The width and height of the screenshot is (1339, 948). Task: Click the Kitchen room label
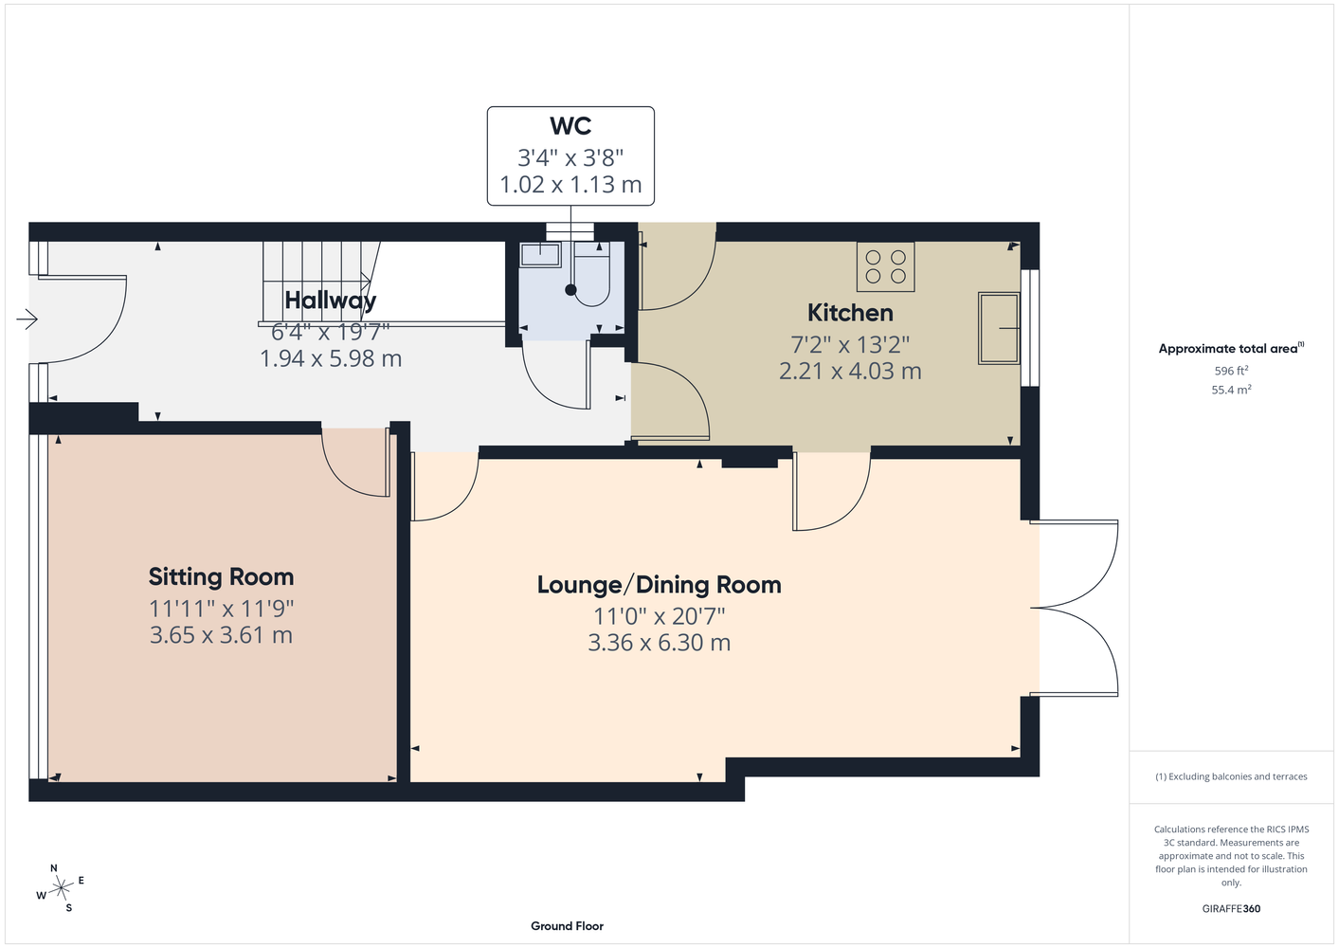point(850,313)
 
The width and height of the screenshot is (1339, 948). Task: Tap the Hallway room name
point(331,301)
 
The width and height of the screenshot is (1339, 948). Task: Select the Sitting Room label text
point(221,577)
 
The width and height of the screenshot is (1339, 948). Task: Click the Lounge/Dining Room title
point(659,585)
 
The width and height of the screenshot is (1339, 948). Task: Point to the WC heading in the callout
point(570,125)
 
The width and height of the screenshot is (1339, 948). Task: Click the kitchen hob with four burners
point(885,266)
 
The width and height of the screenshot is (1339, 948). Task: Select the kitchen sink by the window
point(999,328)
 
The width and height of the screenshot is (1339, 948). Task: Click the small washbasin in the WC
point(540,254)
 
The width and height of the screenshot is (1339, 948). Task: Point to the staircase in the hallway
point(321,283)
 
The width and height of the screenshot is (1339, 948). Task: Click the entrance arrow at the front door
point(27,319)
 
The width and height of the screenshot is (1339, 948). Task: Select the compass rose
point(61,888)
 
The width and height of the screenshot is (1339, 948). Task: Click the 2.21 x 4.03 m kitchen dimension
point(850,372)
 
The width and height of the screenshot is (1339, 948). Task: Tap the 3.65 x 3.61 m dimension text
point(221,635)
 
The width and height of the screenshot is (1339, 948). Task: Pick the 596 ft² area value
point(1231,371)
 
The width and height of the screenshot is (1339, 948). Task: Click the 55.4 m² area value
point(1231,390)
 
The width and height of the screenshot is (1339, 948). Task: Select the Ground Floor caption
point(568,926)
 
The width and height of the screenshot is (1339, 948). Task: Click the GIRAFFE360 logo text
point(1231,908)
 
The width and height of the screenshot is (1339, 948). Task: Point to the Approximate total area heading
point(1231,348)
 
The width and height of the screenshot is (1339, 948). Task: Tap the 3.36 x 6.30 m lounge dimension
point(659,643)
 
